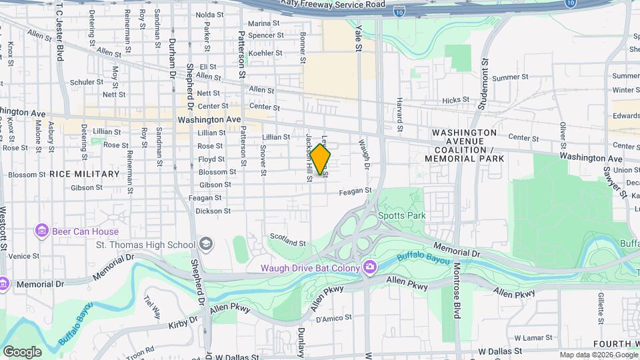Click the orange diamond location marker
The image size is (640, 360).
point(320,160)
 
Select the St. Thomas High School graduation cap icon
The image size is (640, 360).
point(205,245)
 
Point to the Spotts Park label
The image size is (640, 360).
point(401,215)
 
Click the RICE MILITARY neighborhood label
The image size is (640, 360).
point(84,174)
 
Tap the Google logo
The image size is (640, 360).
point(22,352)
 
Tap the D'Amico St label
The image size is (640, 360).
point(333,319)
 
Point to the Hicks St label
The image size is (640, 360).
point(455,100)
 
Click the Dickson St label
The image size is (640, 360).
point(213,211)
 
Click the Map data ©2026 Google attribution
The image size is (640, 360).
point(598,355)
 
